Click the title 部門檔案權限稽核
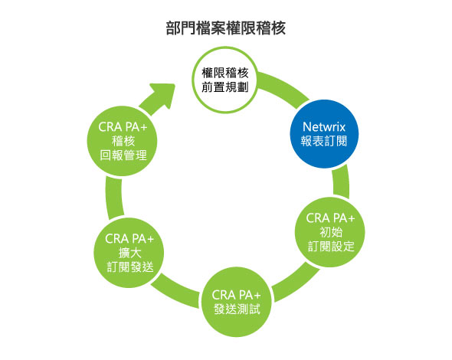click(x=226, y=28)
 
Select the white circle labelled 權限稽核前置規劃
click(x=225, y=80)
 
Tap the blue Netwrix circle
click(x=324, y=134)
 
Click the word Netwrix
click(x=324, y=127)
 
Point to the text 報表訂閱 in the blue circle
click(x=324, y=141)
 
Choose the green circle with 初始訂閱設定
click(x=330, y=232)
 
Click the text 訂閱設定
click(x=331, y=247)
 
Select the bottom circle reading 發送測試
click(x=237, y=302)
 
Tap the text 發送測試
click(x=237, y=309)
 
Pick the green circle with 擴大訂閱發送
click(x=129, y=253)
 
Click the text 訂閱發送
click(x=130, y=267)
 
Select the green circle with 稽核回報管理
click(x=123, y=141)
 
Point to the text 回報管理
click(x=123, y=155)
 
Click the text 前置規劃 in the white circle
click(x=225, y=87)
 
